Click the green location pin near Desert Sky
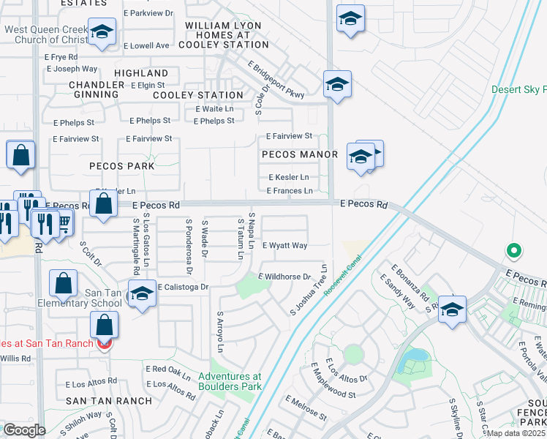tap(514, 251)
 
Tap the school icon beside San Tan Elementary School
tap(143, 294)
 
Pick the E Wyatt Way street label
tap(284, 246)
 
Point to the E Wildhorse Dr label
tap(290, 277)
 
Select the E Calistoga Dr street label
tap(183, 288)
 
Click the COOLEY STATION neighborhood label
tap(198, 95)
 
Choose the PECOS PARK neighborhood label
tap(122, 166)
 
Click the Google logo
tap(24, 430)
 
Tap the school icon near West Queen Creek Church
tap(102, 32)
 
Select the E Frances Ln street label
tap(290, 191)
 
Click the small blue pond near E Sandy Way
tap(415, 356)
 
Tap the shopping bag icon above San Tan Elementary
tap(64, 283)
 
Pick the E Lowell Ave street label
tap(146, 45)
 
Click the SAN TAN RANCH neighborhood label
tap(98, 400)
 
